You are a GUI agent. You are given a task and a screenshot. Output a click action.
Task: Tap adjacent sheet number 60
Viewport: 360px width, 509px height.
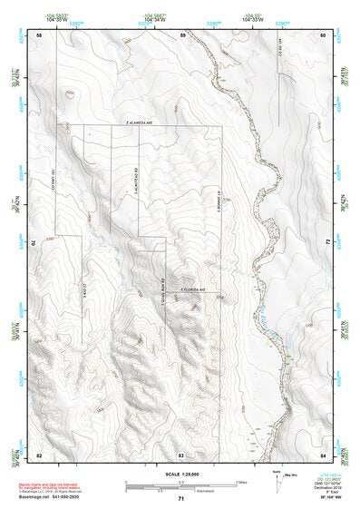point(323,34)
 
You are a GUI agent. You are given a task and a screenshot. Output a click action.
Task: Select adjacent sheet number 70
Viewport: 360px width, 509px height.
point(37,243)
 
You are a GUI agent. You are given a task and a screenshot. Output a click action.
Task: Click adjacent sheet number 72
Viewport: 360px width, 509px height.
point(325,243)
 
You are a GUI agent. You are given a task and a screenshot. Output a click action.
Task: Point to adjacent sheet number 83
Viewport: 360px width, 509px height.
point(181,453)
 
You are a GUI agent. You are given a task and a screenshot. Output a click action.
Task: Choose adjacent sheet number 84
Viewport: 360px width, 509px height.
point(323,453)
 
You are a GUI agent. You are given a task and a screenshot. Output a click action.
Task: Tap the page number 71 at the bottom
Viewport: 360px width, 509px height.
point(181,499)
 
